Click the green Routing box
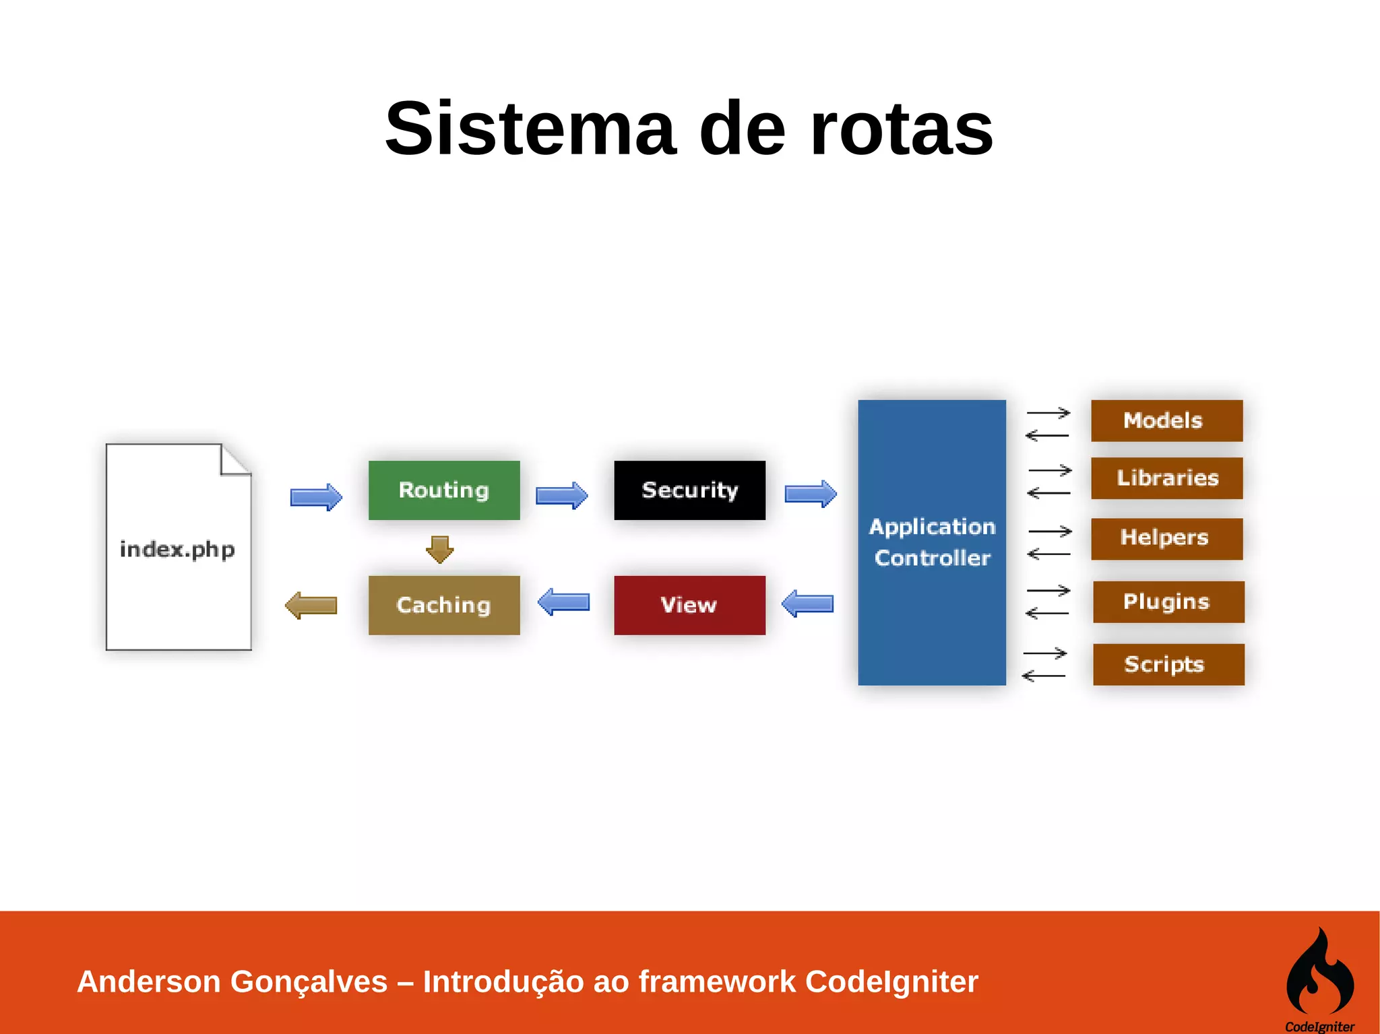click(x=444, y=490)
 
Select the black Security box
click(x=689, y=490)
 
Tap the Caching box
click(x=444, y=605)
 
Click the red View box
click(x=689, y=605)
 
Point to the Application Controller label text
click(x=932, y=542)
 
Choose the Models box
click(x=1166, y=420)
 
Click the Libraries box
click(x=1166, y=478)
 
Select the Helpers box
click(x=1166, y=538)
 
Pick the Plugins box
click(x=1168, y=602)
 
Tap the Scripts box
click(x=1168, y=664)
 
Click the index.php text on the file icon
click(x=177, y=550)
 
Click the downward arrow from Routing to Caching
click(x=440, y=549)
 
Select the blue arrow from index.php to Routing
click(x=316, y=497)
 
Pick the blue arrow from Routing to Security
click(x=561, y=496)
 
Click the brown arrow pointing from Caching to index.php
click(x=311, y=605)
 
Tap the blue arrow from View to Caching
click(x=564, y=602)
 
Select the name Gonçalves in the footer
click(x=309, y=981)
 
